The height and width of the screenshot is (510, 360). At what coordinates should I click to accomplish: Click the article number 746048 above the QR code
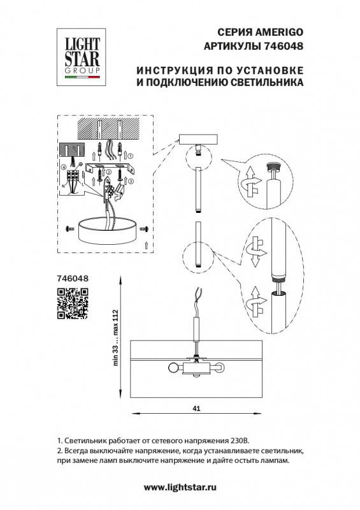click(72, 278)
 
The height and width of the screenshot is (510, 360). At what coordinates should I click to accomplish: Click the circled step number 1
click(129, 155)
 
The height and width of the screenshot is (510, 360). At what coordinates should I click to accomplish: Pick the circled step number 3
click(131, 181)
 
